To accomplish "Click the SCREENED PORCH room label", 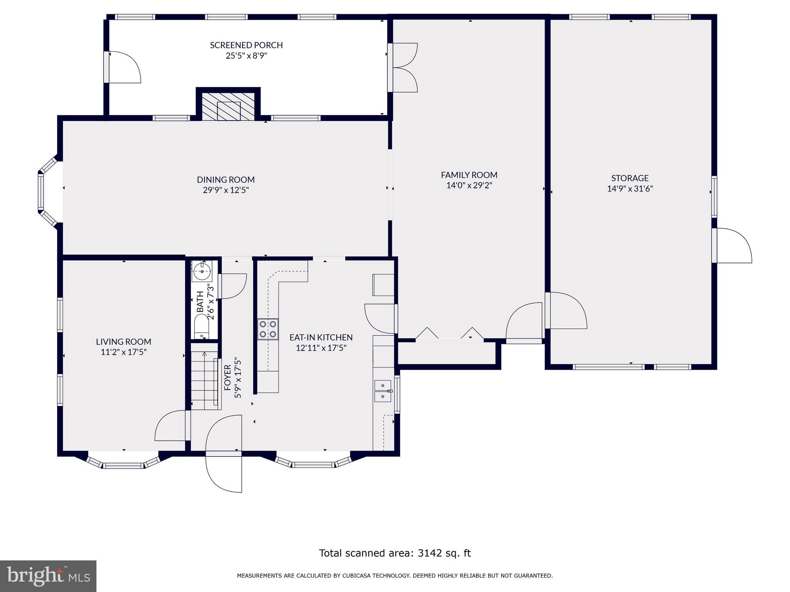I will [x=246, y=45].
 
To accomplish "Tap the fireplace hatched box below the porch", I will [x=228, y=106].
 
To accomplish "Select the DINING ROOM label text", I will [x=226, y=180].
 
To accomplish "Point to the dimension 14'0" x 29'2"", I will [x=469, y=185].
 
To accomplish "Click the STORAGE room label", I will [x=630, y=178].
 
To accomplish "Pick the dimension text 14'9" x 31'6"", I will [x=630, y=189].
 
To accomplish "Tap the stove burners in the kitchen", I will [x=268, y=329].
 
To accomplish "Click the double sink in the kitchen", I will [x=383, y=390].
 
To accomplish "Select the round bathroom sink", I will [x=202, y=271].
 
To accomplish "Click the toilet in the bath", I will [x=201, y=326].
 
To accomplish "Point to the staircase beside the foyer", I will [x=204, y=380].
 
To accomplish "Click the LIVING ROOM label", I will [x=123, y=341].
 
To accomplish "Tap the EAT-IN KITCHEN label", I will [x=321, y=337].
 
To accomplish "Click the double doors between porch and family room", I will [x=403, y=67].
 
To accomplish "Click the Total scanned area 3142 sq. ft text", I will [x=395, y=553].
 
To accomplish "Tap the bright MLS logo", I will [x=48, y=576].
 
